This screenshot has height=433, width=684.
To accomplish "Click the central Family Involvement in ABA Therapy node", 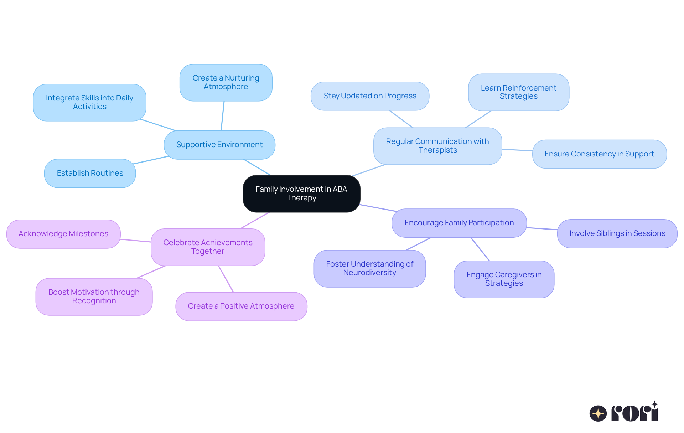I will tap(301, 194).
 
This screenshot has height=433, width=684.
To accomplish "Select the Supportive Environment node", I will tap(219, 145).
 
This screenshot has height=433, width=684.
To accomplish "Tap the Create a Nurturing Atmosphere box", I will tap(226, 82).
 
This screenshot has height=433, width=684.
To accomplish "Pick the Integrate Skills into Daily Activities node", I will tap(89, 102).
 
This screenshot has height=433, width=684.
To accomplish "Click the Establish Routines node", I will tap(90, 173).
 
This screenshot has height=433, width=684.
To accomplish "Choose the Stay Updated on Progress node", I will tap(370, 96).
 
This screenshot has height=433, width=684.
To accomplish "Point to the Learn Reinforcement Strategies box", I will tap(518, 92).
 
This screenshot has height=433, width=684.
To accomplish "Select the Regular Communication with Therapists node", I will tap(437, 146).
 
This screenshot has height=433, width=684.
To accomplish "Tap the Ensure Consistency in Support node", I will tap(599, 154).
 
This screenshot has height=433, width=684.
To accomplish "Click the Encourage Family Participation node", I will tap(459, 223).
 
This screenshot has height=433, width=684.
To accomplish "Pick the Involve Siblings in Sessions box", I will tap(617, 233).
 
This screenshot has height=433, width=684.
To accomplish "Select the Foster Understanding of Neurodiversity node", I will tap(369, 268).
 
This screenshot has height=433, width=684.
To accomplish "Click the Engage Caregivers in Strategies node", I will tap(504, 279).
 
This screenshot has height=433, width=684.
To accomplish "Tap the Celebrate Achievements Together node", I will tap(208, 247).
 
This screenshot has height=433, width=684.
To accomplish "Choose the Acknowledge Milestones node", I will tap(63, 234).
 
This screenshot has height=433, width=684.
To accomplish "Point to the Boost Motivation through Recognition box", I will tap(94, 297).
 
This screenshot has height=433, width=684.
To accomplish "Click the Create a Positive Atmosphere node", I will tap(241, 306).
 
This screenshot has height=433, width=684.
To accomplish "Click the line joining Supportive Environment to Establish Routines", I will tap(151, 160).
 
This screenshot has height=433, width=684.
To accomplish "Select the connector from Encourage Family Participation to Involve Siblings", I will tap(542, 228).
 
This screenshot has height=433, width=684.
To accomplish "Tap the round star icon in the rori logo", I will tap(598, 413).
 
